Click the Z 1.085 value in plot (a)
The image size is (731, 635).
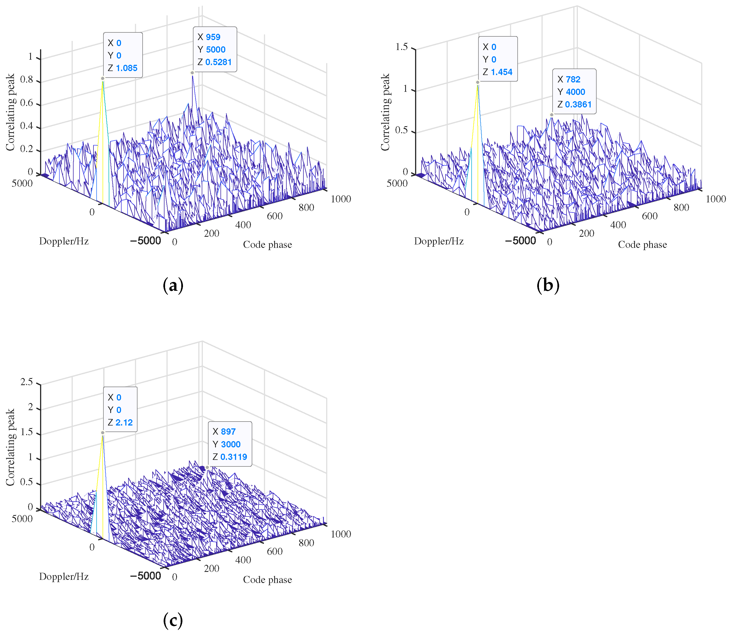pyautogui.click(x=126, y=68)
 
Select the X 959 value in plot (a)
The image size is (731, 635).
pyautogui.click(x=213, y=37)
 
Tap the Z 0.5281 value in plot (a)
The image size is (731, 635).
pyautogui.click(x=218, y=62)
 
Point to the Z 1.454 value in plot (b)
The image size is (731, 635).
pyautogui.click(x=501, y=72)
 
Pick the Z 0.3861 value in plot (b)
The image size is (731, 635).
pyautogui.click(x=578, y=105)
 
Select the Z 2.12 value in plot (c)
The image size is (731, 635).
pyautogui.click(x=124, y=422)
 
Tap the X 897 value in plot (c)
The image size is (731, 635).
pyautogui.click(x=228, y=431)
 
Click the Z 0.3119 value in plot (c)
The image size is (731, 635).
pyautogui.click(x=234, y=457)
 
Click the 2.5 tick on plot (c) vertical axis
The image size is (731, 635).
pyautogui.click(x=26, y=382)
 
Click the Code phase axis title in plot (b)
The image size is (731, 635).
pyautogui.click(x=642, y=244)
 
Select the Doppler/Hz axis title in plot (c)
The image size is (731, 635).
pyautogui.click(x=64, y=576)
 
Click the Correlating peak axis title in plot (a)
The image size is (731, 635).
pyautogui.click(x=10, y=112)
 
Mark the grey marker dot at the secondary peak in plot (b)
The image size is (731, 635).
pyautogui.click(x=551, y=115)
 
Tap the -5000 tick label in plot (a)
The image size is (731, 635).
pyautogui.click(x=145, y=241)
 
